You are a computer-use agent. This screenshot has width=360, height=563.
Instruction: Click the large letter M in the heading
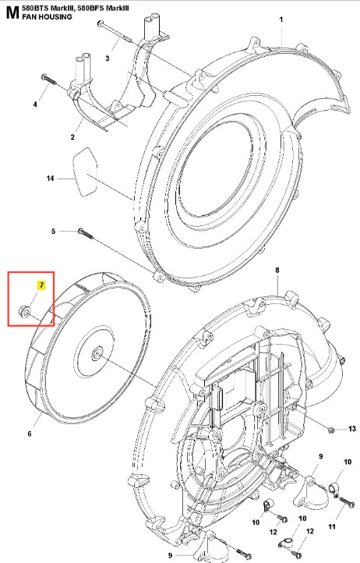(x=12, y=12)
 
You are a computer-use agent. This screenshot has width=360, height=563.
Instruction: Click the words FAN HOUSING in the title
(x=47, y=16)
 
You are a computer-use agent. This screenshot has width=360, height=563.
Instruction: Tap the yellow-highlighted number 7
(x=41, y=285)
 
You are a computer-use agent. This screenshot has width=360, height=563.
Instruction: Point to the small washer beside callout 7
(x=24, y=311)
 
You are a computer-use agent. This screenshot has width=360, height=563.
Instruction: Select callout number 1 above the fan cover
(x=281, y=19)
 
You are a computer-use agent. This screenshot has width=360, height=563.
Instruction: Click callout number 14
(x=50, y=179)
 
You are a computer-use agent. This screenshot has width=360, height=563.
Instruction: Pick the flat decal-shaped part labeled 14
(x=86, y=172)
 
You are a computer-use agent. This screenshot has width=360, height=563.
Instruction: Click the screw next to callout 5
(x=86, y=233)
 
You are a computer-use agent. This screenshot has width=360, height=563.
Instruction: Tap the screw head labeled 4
(x=44, y=77)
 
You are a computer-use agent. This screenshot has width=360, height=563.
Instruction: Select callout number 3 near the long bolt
(x=108, y=58)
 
